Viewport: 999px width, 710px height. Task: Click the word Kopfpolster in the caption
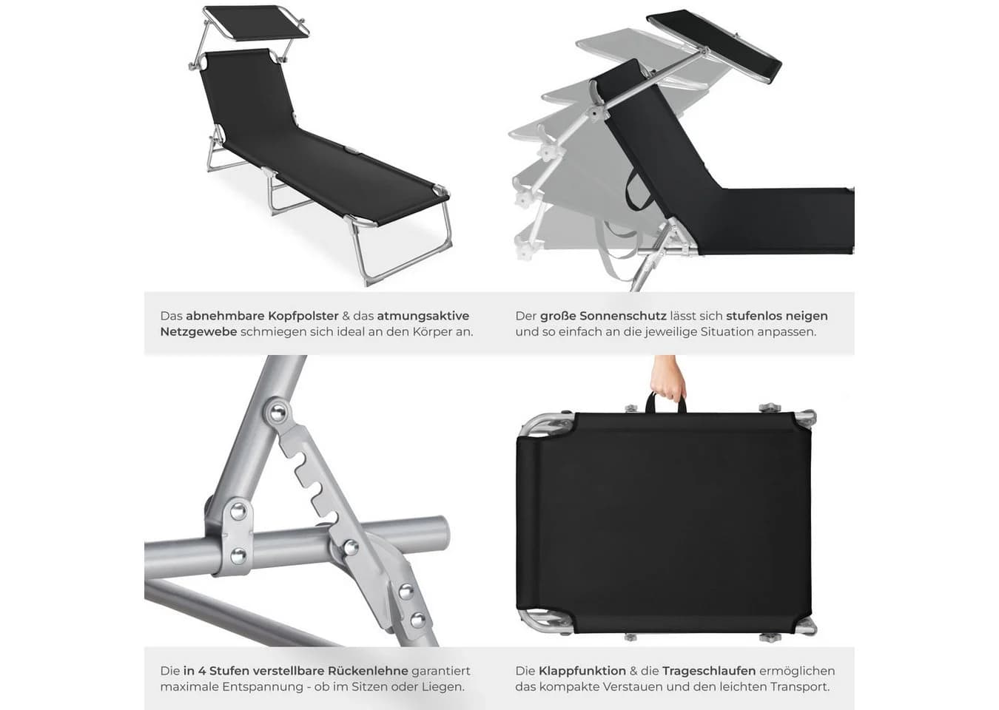(303, 316)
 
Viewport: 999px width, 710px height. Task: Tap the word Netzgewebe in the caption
(198, 332)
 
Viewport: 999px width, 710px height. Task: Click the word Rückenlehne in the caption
(368, 671)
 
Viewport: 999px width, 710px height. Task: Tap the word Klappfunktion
(582, 671)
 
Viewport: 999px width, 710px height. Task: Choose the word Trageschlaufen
(709, 671)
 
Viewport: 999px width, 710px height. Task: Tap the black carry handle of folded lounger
(666, 405)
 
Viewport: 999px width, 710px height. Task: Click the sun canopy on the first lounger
(257, 23)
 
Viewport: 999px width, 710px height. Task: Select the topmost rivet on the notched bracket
(278, 413)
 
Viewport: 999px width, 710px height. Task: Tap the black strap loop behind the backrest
(636, 192)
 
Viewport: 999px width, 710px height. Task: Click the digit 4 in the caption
(201, 671)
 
